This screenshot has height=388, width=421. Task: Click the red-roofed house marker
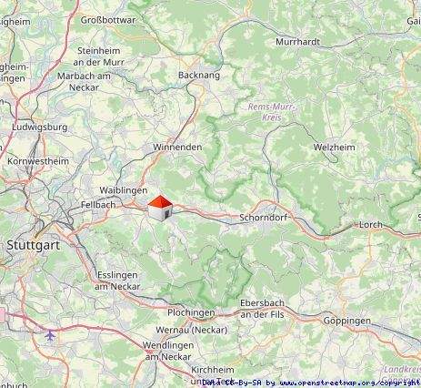(159, 209)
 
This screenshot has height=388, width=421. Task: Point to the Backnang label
(200, 77)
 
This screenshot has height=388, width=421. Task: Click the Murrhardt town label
(296, 41)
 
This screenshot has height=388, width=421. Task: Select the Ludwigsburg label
(43, 127)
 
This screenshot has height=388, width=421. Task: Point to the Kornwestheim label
(37, 160)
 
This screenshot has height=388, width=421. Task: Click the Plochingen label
(190, 311)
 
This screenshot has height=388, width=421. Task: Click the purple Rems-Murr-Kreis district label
(266, 112)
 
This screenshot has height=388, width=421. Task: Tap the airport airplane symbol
(49, 335)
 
